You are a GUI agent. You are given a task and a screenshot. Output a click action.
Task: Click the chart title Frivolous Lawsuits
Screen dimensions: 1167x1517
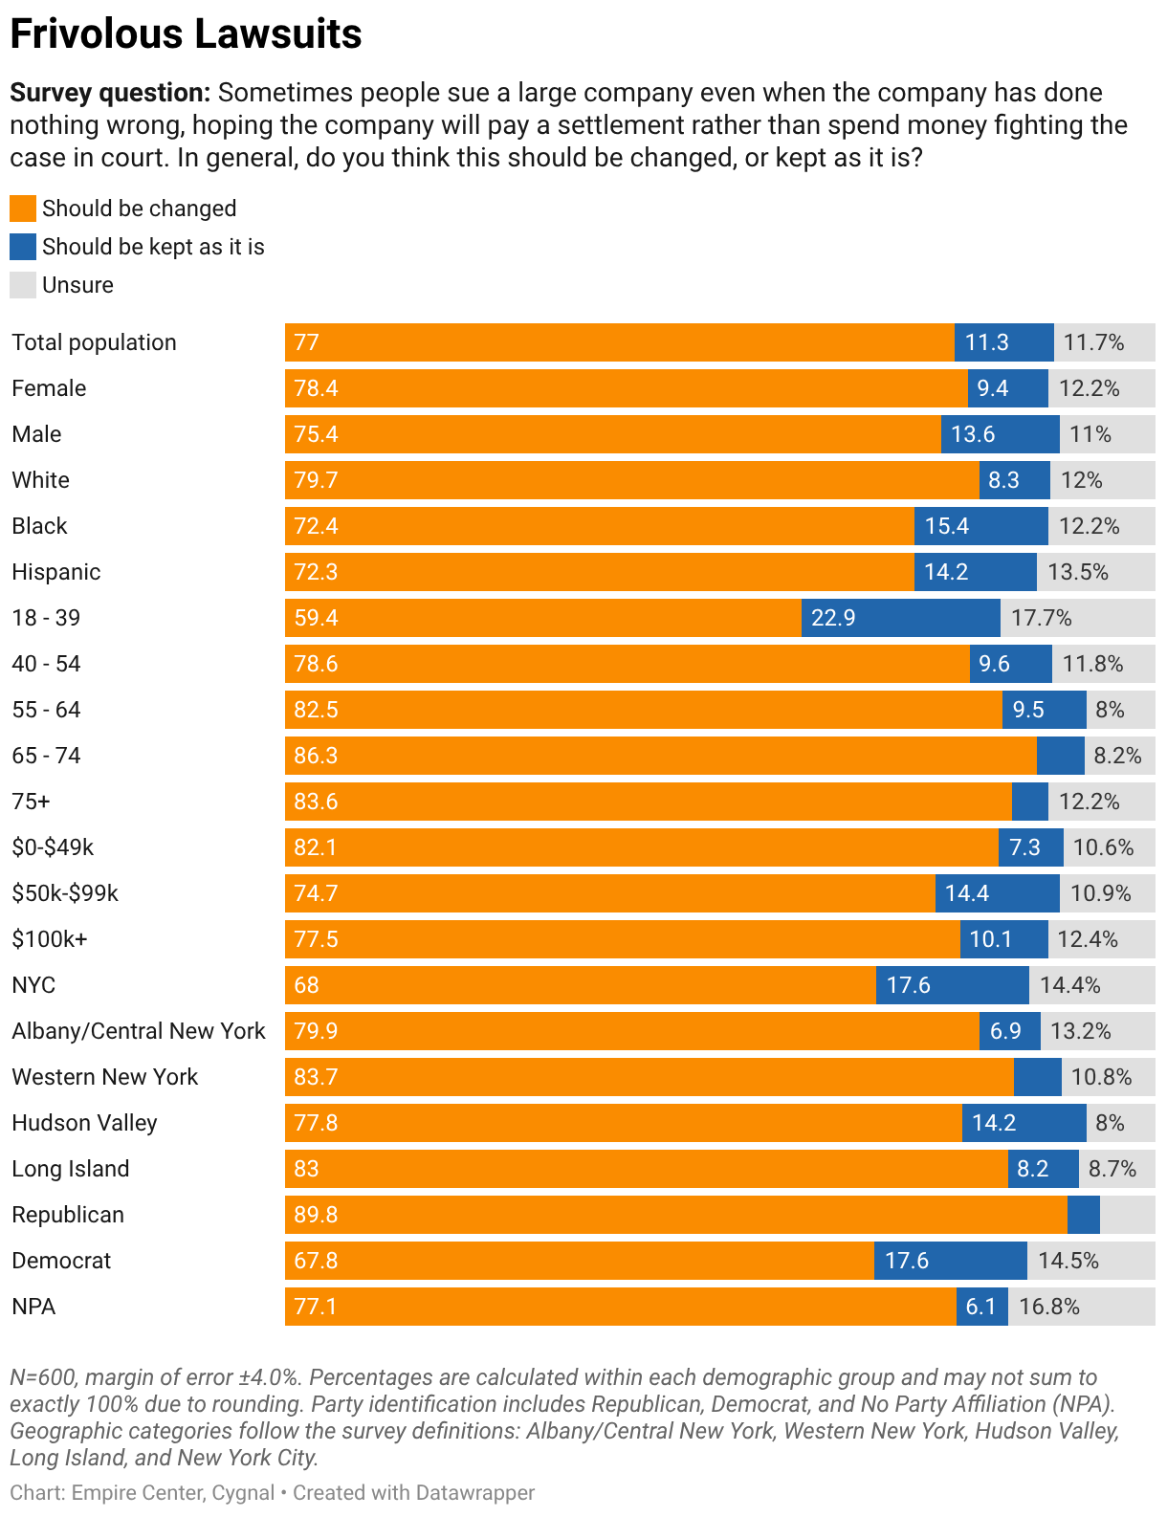pos(186,33)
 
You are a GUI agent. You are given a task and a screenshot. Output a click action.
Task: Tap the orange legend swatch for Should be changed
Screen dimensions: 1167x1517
pos(22,209)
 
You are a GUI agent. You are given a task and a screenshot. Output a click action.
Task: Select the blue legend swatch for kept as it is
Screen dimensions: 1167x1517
pos(22,247)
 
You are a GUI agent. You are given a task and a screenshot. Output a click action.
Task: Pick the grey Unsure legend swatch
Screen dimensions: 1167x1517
pos(22,285)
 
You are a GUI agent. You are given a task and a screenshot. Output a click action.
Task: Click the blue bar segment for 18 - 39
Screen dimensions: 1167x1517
pos(900,618)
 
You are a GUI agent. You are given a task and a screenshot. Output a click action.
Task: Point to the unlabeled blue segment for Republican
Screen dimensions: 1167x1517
pos(1083,1215)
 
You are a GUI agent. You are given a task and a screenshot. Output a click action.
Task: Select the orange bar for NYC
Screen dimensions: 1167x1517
pos(580,985)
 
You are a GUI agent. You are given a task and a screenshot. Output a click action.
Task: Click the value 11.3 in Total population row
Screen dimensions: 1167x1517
pos(986,342)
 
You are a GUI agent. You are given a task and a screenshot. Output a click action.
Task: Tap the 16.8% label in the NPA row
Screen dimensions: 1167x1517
pos(1049,1307)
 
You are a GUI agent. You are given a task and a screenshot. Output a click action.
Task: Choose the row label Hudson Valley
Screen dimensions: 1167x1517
pos(84,1123)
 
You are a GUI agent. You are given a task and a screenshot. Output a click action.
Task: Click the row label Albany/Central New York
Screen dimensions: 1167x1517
pos(138,1031)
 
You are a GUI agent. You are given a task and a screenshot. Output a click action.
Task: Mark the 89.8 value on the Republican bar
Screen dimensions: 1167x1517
pos(316,1215)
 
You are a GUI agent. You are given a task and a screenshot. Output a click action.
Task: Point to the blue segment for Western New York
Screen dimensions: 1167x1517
pos(1037,1076)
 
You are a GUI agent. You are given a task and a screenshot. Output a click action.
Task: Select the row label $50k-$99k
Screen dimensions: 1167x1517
pos(65,892)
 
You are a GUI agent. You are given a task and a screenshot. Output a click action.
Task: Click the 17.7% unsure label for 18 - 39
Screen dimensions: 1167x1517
pos(1042,618)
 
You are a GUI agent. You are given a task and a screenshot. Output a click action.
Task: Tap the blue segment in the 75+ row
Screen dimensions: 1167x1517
pos(1029,802)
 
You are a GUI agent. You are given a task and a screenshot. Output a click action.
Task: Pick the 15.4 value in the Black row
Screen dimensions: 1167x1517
pos(946,526)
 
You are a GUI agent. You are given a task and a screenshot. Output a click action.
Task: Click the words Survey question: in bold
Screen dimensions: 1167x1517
pos(110,93)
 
